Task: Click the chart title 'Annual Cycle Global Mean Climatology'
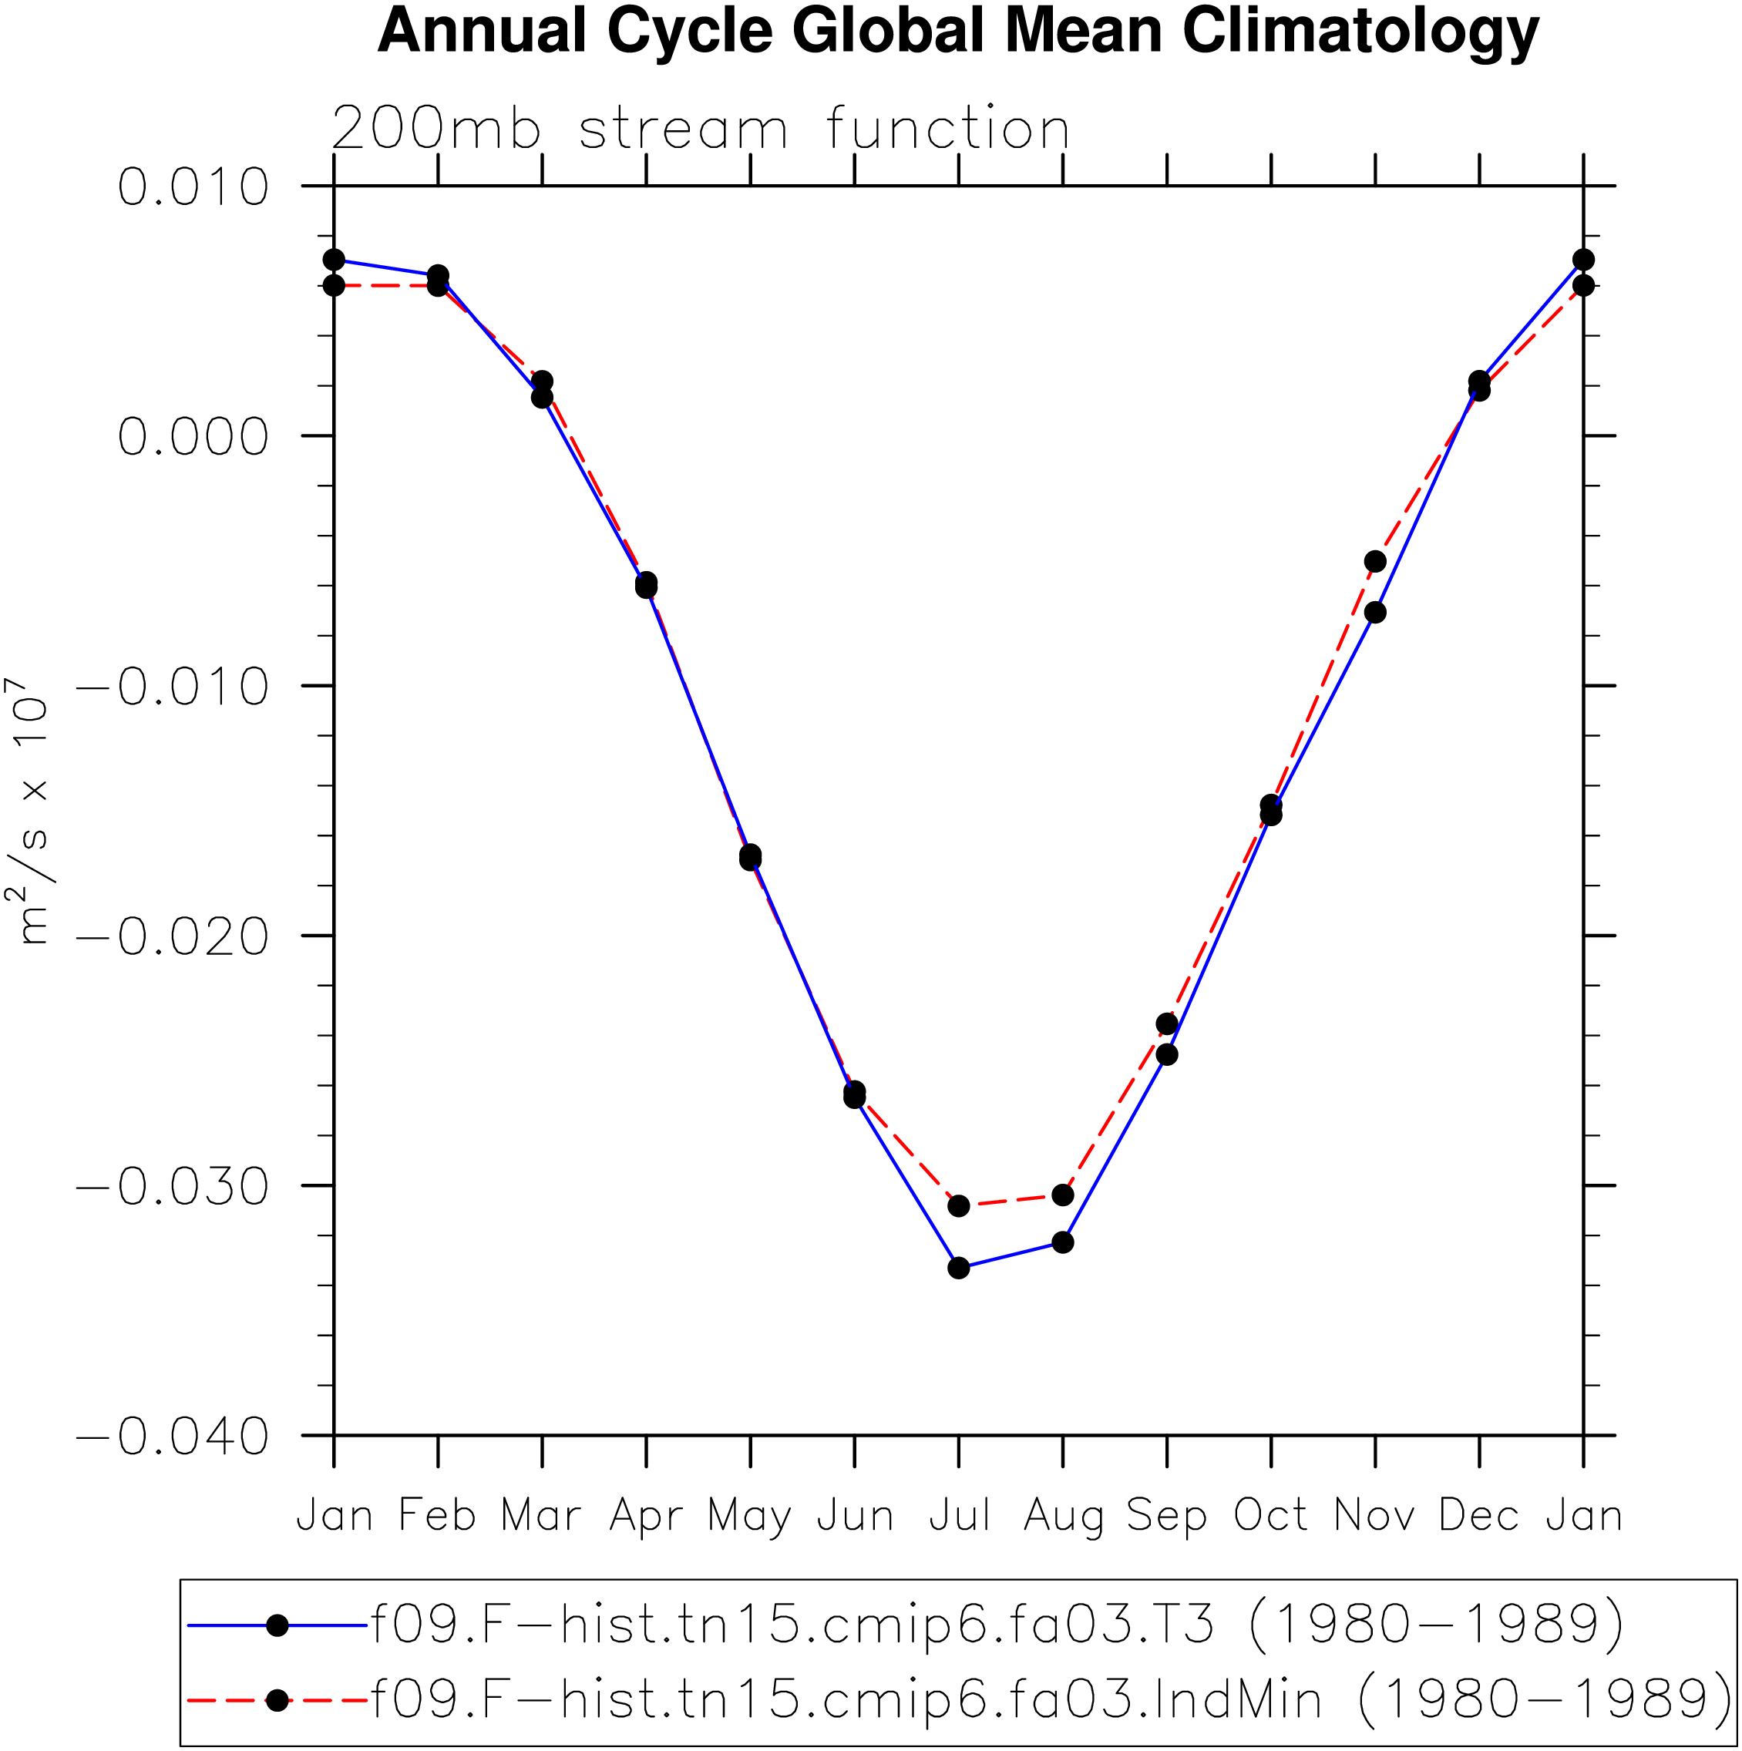click(958, 32)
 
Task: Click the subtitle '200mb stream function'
click(701, 129)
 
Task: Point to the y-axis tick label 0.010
click(193, 187)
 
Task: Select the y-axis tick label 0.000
click(193, 437)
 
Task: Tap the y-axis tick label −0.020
click(172, 936)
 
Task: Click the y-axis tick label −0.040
click(172, 1437)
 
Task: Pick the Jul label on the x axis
click(959, 1515)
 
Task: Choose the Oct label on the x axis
click(1271, 1515)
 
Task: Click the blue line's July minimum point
click(959, 1269)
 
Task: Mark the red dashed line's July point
click(959, 1206)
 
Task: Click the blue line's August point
click(1063, 1242)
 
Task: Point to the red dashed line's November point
click(1375, 562)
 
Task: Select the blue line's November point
click(1375, 613)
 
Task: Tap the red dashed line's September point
click(1168, 1024)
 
